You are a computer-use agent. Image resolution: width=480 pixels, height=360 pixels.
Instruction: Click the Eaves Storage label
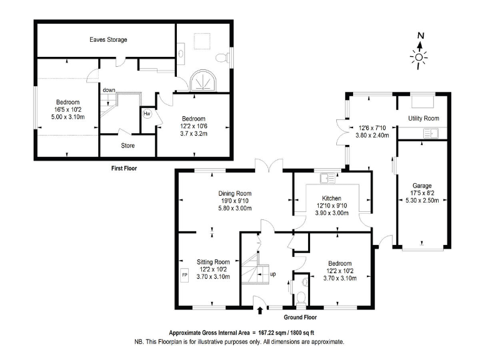tap(108, 39)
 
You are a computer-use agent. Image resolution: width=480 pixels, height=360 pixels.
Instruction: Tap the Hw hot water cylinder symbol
tap(147, 114)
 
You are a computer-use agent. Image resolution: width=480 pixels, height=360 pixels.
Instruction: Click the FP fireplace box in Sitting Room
tap(184, 274)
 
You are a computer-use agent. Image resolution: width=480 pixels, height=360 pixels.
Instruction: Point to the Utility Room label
tap(423, 118)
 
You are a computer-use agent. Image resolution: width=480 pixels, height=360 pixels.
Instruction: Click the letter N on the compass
tap(421, 35)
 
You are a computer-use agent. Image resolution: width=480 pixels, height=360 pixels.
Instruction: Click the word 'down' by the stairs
tap(109, 90)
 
